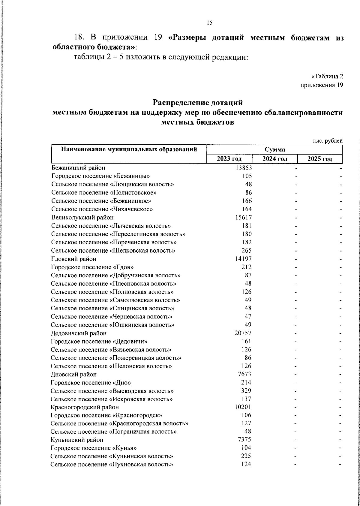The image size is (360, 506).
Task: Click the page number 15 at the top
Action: pos(209,23)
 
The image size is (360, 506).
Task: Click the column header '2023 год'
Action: pos(229,159)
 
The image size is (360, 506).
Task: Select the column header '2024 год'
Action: pos(274,159)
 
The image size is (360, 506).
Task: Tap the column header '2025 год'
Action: pos(320,159)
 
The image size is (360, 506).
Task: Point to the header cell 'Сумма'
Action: pos(274,149)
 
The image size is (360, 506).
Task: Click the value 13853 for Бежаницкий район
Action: pos(244,168)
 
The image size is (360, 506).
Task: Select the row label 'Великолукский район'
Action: pos(82,217)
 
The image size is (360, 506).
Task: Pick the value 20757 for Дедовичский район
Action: pos(243,333)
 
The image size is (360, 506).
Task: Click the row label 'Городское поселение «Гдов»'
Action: pos(92,267)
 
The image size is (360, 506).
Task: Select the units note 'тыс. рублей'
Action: pos(327,141)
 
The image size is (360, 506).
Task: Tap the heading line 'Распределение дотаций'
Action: pos(197,103)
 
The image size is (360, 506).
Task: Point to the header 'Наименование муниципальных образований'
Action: pos(129,149)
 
